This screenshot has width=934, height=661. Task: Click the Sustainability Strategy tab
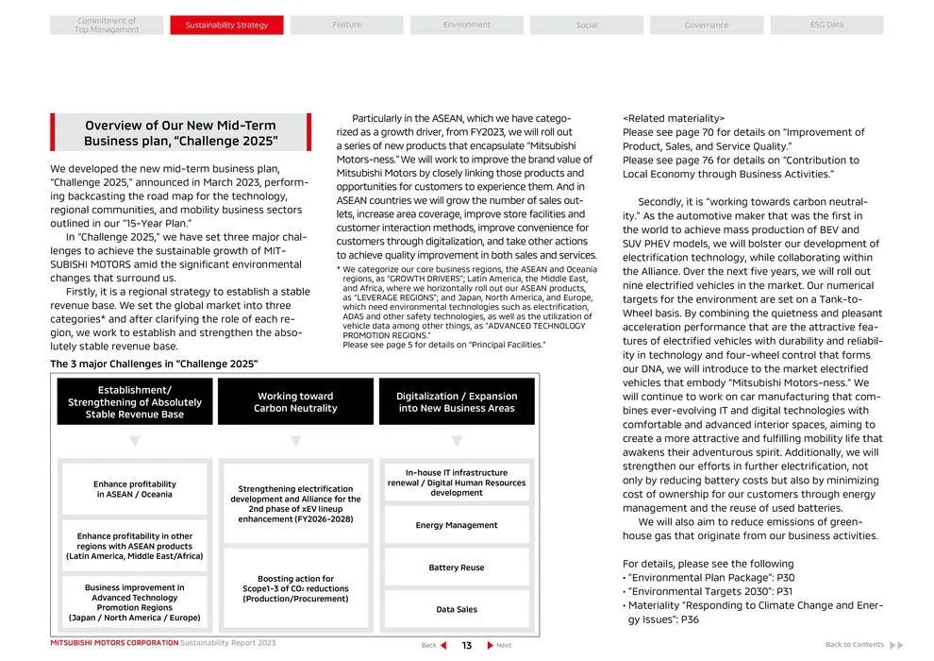pyautogui.click(x=226, y=25)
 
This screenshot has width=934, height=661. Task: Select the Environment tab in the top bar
pyautogui.click(x=466, y=25)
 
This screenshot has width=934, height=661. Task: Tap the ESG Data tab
pyautogui.click(x=826, y=25)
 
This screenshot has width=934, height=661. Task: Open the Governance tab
pyautogui.click(x=707, y=25)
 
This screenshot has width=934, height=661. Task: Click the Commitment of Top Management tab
pyautogui.click(x=107, y=25)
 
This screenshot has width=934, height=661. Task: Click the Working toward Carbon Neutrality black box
pyautogui.click(x=295, y=402)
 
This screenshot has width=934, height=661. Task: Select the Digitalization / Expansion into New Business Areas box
pyautogui.click(x=457, y=402)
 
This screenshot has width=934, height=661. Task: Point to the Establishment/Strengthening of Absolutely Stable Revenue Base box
pyautogui.click(x=135, y=402)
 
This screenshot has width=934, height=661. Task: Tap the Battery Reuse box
pyautogui.click(x=457, y=568)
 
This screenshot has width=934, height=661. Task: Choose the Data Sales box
pyautogui.click(x=457, y=610)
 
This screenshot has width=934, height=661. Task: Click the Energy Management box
pyautogui.click(x=457, y=525)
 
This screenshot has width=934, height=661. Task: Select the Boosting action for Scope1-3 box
pyautogui.click(x=295, y=588)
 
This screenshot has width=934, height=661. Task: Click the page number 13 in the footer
pyautogui.click(x=466, y=645)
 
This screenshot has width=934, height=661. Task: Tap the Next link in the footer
pyautogui.click(x=500, y=645)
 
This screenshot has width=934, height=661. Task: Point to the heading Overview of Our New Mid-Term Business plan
pyautogui.click(x=181, y=133)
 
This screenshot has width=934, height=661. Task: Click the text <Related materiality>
pyautogui.click(x=674, y=119)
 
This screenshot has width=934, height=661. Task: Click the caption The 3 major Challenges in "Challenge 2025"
pyautogui.click(x=154, y=364)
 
